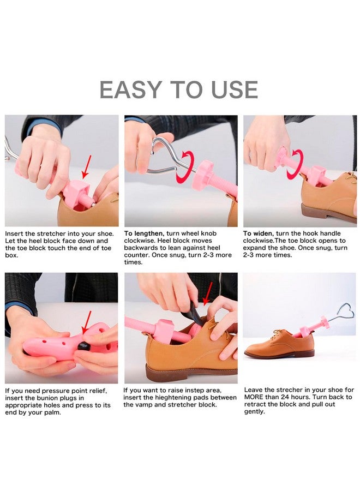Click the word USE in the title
[x=232, y=90]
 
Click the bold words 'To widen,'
[x=259, y=233]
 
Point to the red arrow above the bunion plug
[x=86, y=322]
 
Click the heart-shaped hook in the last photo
[x=344, y=311]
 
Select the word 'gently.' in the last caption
[x=255, y=411]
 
